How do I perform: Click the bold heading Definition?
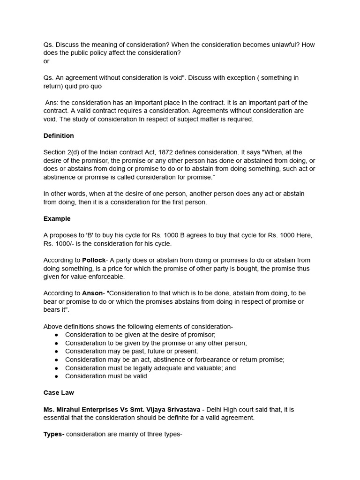pos(59,136)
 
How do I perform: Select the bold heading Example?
pos(57,218)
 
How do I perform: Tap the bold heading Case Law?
pos(59,393)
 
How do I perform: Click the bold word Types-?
pos(54,434)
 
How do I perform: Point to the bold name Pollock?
pos(94,260)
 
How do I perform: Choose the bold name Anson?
pos(92,293)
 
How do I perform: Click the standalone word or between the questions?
pos(46,61)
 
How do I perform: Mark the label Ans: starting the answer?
pos(53,103)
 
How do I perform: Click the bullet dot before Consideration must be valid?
pos(57,376)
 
